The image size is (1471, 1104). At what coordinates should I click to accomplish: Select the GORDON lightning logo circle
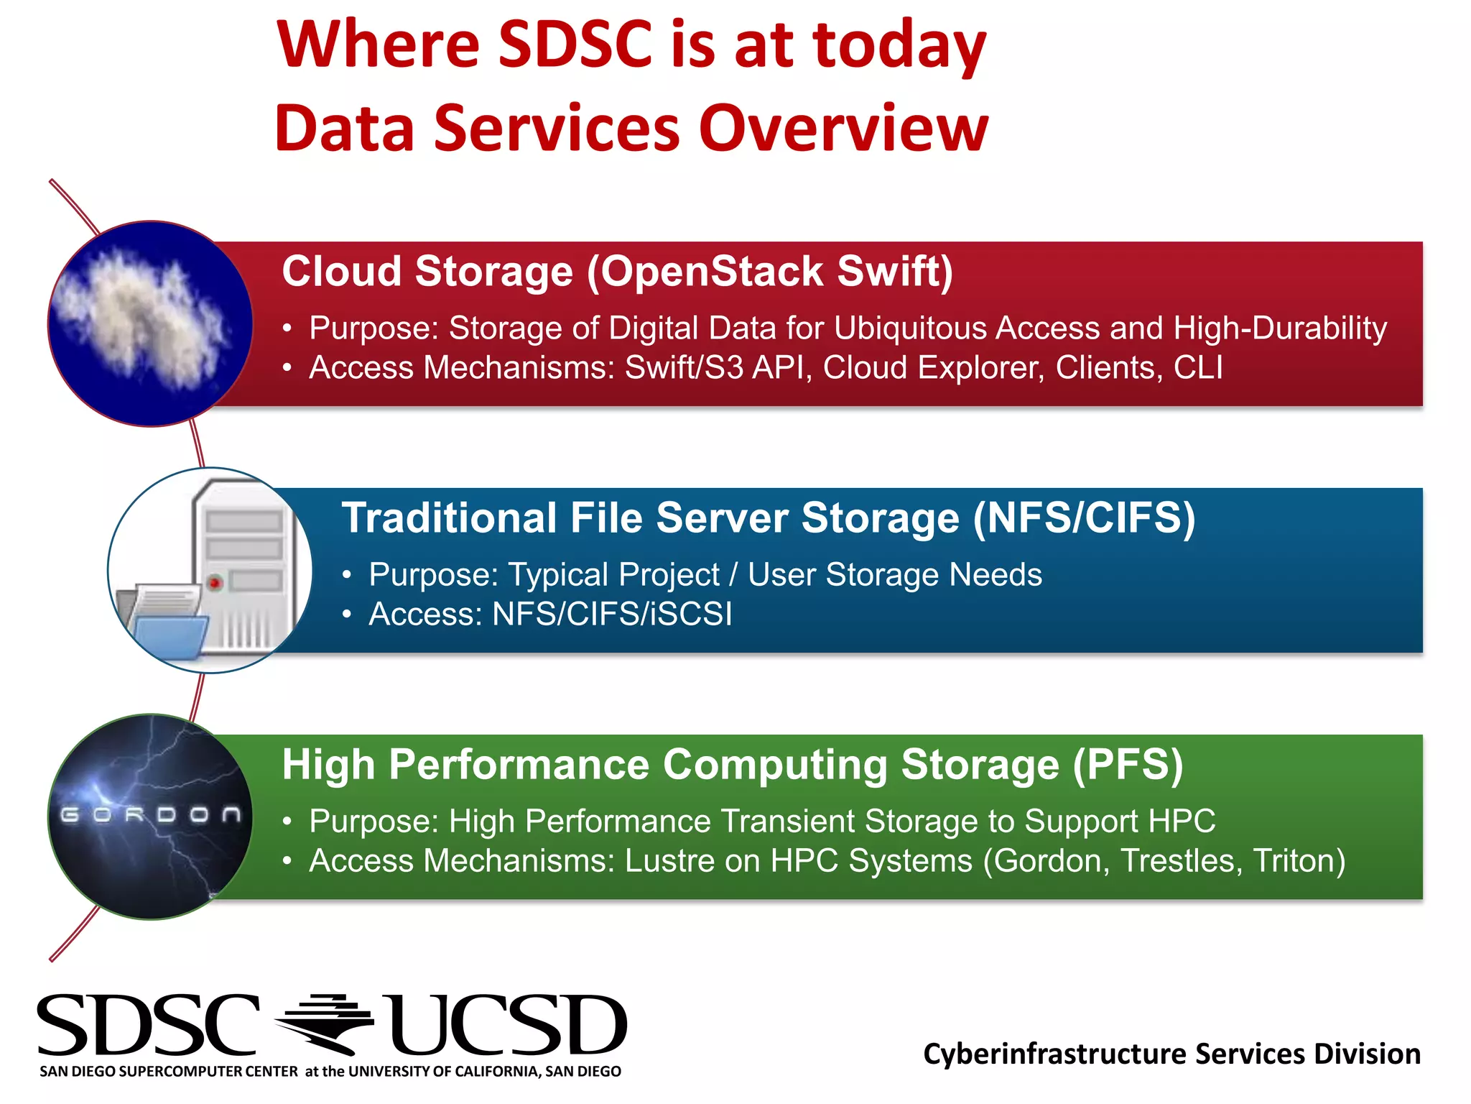click(x=150, y=816)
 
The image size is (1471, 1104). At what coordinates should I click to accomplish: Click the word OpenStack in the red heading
click(x=712, y=272)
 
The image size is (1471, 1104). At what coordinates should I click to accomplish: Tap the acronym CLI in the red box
click(x=1198, y=368)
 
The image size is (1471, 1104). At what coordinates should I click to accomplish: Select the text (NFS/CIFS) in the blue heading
click(x=1085, y=518)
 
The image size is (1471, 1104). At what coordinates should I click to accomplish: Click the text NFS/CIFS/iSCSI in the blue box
click(x=611, y=615)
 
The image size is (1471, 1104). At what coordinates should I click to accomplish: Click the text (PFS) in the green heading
click(x=1128, y=765)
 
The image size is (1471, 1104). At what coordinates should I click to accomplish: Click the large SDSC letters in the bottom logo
click(x=148, y=1026)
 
